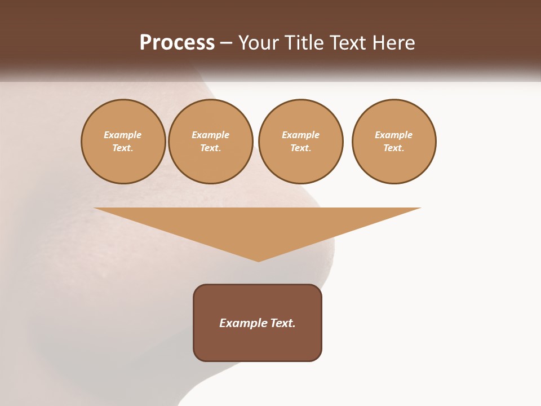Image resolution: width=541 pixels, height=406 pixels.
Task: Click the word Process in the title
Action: [177, 42]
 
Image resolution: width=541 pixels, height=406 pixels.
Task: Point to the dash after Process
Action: [226, 43]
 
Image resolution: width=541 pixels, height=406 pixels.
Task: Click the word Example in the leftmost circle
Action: [123, 135]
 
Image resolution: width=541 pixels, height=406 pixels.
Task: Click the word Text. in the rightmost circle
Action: [394, 148]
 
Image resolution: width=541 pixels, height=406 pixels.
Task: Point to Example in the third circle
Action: [300, 135]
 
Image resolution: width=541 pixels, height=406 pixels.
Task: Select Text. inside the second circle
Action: [211, 148]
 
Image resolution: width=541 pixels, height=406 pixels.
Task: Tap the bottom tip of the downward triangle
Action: [258, 261]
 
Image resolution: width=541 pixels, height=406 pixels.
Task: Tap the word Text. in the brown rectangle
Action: [283, 323]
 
